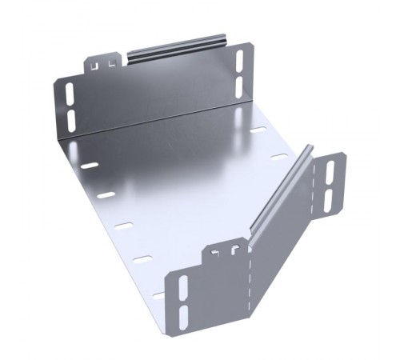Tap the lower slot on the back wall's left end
(71, 118)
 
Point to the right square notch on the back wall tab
(110, 60)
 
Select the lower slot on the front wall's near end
(182, 315)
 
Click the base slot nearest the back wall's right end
(258, 129)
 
